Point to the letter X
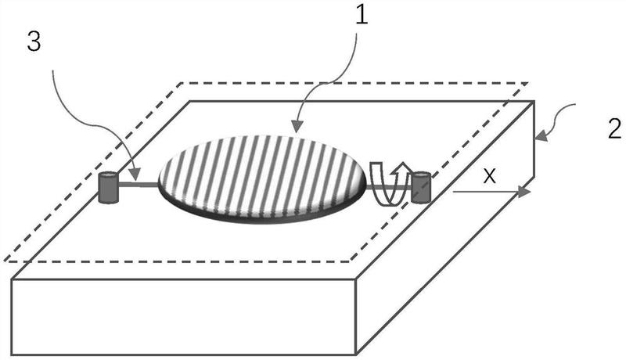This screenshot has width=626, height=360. point(489,176)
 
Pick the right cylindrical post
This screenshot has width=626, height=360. point(423,186)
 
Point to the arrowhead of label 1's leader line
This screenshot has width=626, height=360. point(295,127)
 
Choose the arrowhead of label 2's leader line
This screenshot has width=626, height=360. point(540,139)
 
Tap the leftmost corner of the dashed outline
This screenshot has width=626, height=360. point(5,260)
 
